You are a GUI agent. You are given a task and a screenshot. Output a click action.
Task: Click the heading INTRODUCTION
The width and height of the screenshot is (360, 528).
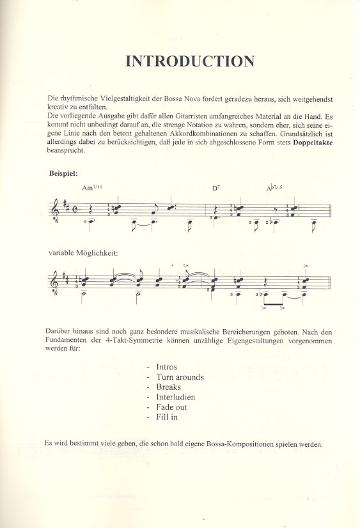[190, 61]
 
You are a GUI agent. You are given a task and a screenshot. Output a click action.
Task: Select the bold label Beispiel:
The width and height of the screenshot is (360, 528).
[63, 173]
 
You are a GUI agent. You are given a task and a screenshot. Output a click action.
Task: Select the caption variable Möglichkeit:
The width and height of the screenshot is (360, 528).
[83, 252]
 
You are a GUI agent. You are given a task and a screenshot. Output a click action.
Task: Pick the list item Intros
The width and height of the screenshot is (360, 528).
[166, 367]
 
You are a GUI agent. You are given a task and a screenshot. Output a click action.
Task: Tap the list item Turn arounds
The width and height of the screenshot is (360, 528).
[180, 377]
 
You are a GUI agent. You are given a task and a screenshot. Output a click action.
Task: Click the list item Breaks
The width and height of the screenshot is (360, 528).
[168, 387]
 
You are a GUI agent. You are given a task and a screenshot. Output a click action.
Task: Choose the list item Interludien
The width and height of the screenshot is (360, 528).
[175, 397]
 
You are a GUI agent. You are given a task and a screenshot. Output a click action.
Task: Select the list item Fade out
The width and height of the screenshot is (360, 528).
[171, 407]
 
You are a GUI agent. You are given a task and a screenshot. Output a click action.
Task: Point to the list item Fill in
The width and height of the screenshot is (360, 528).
[166, 417]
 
